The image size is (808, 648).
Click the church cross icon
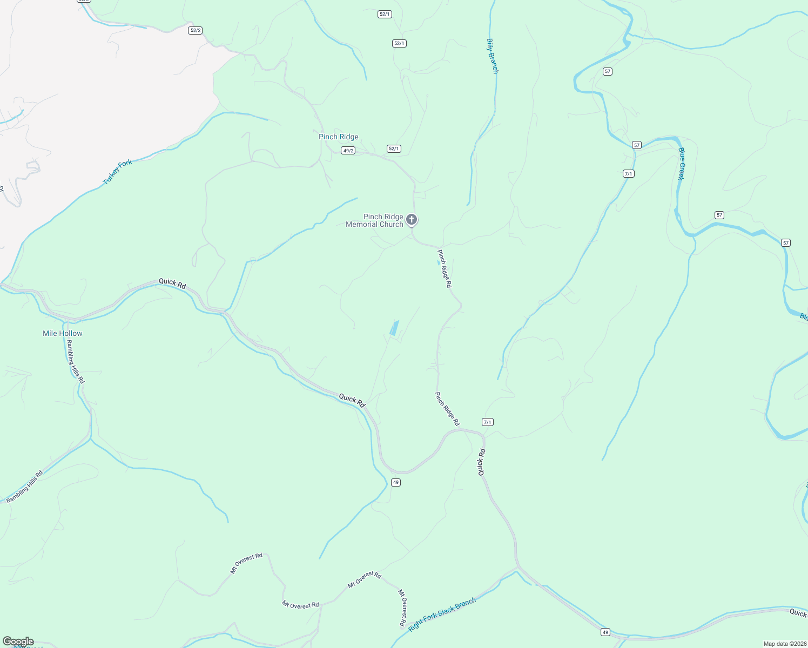tap(412, 220)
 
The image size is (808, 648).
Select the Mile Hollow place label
tap(63, 334)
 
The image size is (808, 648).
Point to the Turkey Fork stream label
tap(117, 172)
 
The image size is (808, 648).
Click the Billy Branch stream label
tap(492, 56)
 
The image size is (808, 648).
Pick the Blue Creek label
tap(682, 164)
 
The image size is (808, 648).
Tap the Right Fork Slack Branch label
tap(442, 614)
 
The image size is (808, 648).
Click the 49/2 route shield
tap(348, 151)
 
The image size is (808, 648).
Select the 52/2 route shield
tap(196, 30)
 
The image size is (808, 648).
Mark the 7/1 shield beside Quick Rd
tap(488, 422)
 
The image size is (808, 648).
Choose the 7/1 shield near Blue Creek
tap(628, 174)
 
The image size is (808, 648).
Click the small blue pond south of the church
tap(395, 328)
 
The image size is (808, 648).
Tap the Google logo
tap(18, 642)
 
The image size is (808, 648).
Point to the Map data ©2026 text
tap(784, 644)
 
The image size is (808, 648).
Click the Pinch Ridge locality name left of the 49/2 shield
tap(339, 137)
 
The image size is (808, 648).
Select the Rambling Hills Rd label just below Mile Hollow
tap(76, 362)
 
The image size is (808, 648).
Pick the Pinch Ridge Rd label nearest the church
tap(445, 268)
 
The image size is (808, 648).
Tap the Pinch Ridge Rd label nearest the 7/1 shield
tap(447, 409)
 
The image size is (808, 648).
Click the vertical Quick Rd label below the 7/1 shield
tap(481, 462)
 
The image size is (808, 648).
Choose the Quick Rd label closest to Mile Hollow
tap(172, 283)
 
